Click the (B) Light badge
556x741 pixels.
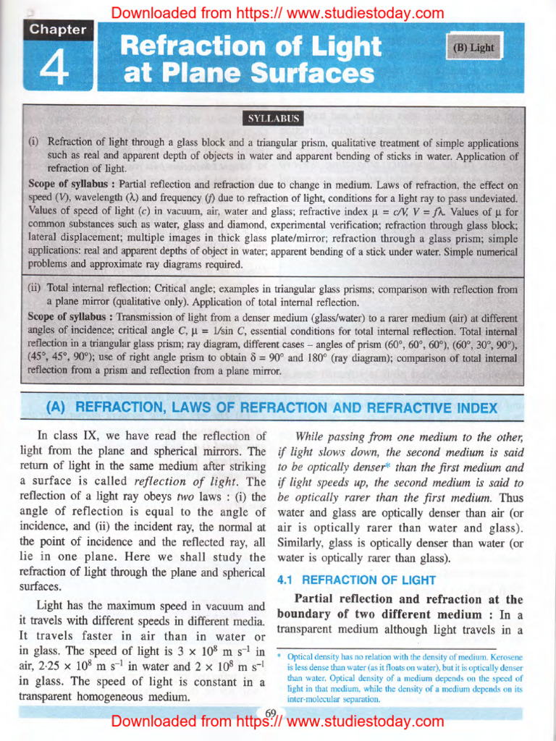point(473,48)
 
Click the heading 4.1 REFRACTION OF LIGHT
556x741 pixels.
point(357,580)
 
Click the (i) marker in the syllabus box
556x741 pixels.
point(33,143)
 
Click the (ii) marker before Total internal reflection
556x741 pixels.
point(35,288)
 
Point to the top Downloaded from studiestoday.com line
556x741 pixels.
point(277,12)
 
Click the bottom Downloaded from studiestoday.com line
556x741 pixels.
point(277,721)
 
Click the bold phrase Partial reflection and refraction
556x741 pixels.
point(397,599)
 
